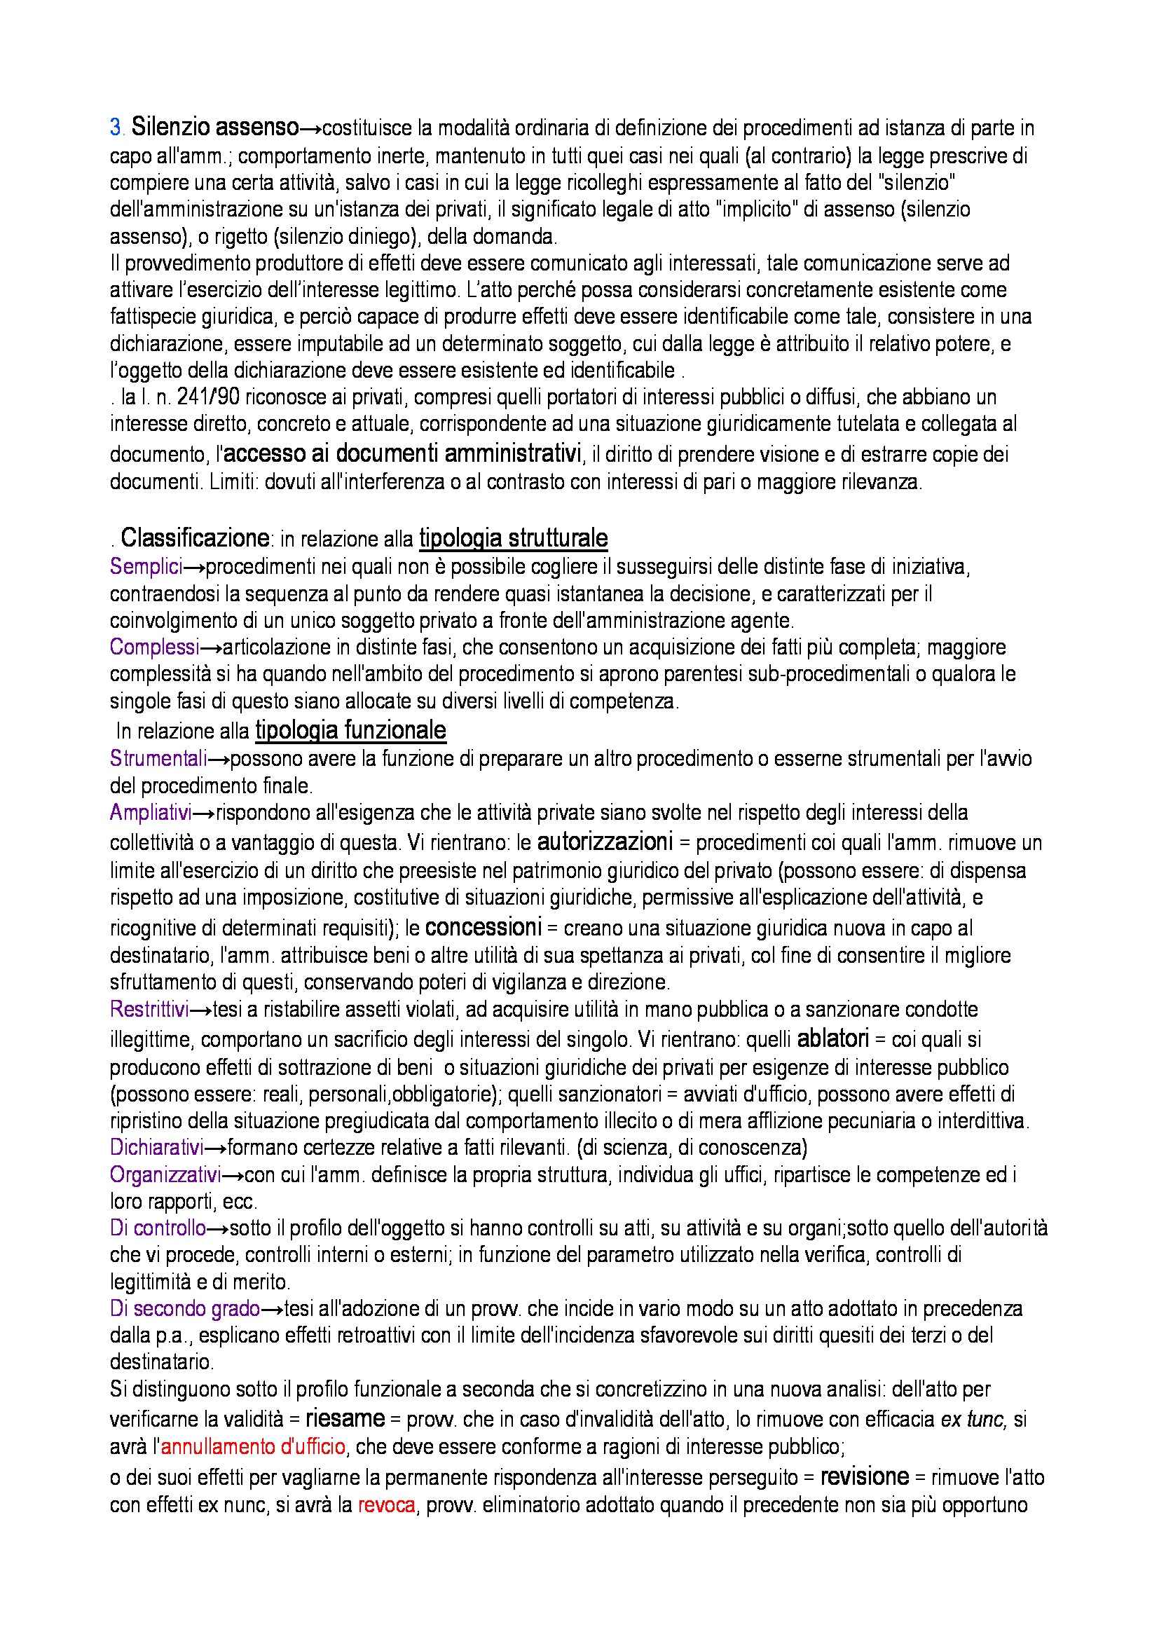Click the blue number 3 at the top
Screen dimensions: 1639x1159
(116, 128)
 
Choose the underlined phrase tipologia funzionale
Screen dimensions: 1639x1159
(350, 730)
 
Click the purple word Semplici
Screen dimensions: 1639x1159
(146, 567)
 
